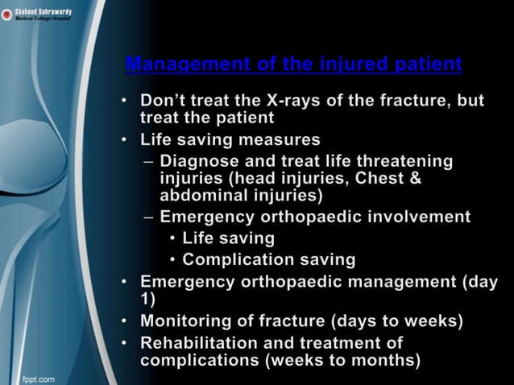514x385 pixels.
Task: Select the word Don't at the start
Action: tap(166, 102)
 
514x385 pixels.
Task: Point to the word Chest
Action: tap(385, 178)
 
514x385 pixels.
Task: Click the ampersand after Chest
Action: tap(416, 178)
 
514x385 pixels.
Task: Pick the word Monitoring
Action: tap(189, 321)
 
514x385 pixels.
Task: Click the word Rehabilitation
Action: tap(197, 342)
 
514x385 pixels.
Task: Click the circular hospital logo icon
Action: tap(6, 14)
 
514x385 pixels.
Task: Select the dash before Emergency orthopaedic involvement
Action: tap(147, 217)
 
